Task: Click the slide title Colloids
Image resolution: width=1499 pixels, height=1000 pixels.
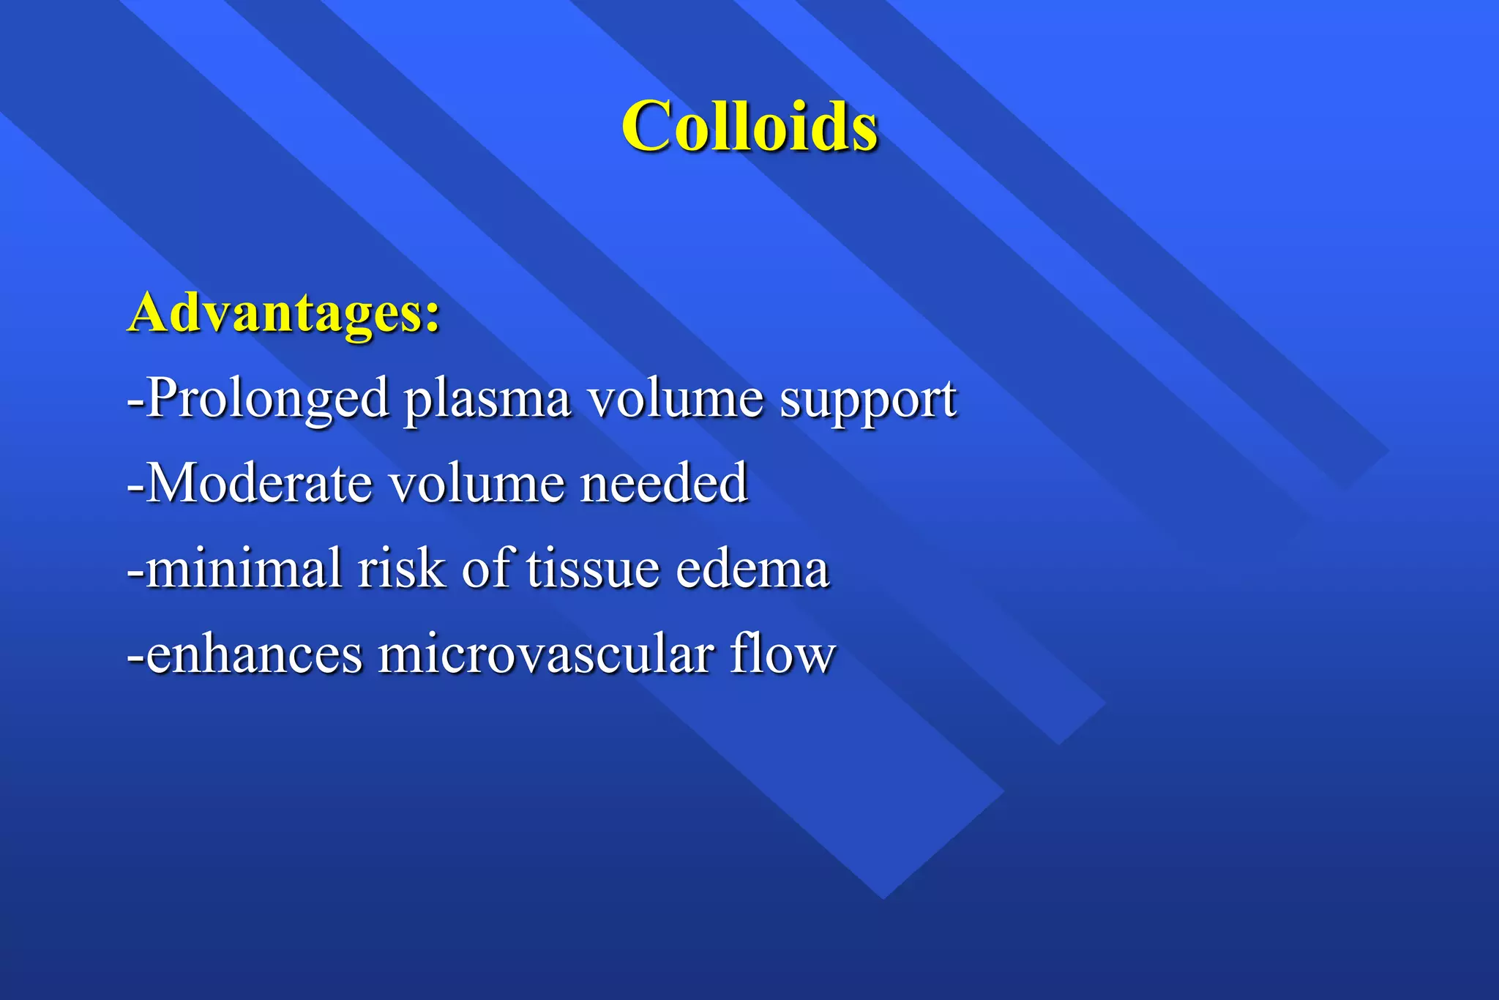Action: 749,126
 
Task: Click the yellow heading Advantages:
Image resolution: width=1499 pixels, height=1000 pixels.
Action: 284,313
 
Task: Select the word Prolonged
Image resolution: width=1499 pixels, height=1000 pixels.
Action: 268,399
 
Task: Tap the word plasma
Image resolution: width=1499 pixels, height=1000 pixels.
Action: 487,400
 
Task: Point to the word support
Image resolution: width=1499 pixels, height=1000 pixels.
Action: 867,401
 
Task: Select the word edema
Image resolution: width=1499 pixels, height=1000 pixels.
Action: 752,570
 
